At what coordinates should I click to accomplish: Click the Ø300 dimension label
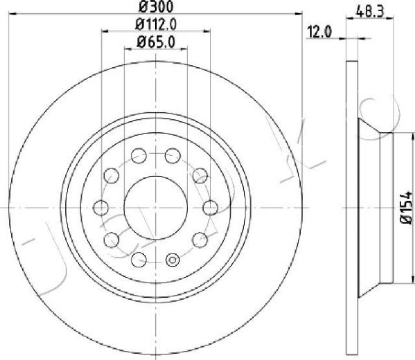pos(156,7)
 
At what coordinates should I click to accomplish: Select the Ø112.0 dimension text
pos(156,24)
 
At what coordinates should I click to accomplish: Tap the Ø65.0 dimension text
pos(156,42)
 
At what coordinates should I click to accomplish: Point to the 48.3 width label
pos(370,12)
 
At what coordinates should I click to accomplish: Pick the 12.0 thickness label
pos(319,32)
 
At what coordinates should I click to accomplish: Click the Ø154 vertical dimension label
pos(407,208)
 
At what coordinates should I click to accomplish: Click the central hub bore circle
pos(156,208)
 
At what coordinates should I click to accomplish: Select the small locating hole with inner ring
pos(172,260)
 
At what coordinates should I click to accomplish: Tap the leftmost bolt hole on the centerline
pos(101,208)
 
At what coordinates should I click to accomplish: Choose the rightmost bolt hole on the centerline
pos(210,208)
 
